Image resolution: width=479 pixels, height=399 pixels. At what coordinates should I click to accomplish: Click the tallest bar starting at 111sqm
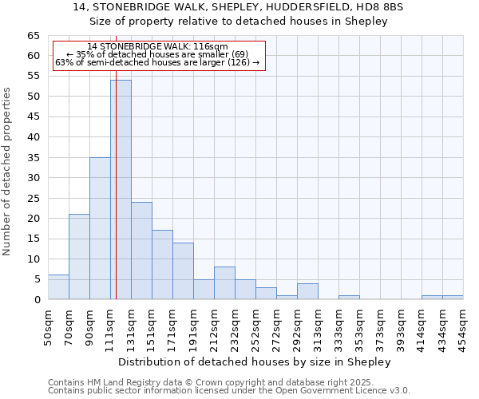coord(121,190)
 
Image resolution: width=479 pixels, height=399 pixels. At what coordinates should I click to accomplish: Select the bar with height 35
coord(100,228)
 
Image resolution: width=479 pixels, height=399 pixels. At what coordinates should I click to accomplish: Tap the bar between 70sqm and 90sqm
coord(79,257)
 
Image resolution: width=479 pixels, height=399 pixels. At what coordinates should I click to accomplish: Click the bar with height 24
coord(141,251)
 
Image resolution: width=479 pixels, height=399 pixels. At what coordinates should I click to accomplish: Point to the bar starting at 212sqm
coord(224,283)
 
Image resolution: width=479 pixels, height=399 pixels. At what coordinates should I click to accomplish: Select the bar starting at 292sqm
coord(307,291)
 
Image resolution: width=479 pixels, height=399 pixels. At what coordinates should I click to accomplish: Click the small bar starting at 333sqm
coord(349,298)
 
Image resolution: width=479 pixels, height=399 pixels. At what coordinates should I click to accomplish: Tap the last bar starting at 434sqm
coord(453,298)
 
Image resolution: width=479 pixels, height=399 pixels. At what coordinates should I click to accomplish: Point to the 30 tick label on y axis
coord(33,178)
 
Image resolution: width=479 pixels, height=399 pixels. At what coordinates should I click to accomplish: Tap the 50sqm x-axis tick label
coord(48,327)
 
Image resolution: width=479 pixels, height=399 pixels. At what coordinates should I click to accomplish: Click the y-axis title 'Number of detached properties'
coord(7,172)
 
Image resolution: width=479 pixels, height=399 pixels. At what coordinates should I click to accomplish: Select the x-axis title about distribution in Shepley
coord(255,361)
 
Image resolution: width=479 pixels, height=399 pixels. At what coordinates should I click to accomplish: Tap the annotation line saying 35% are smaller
coord(156,54)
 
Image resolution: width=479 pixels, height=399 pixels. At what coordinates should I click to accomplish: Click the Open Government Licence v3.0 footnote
coord(229,390)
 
